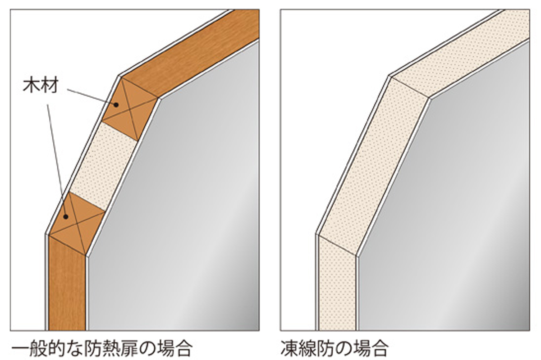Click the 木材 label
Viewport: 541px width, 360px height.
40,86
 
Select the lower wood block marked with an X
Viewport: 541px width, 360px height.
77,221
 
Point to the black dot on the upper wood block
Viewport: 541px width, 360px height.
116,105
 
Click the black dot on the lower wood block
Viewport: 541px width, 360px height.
66,217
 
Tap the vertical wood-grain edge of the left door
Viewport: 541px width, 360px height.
67,288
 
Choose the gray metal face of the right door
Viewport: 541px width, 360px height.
451,203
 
